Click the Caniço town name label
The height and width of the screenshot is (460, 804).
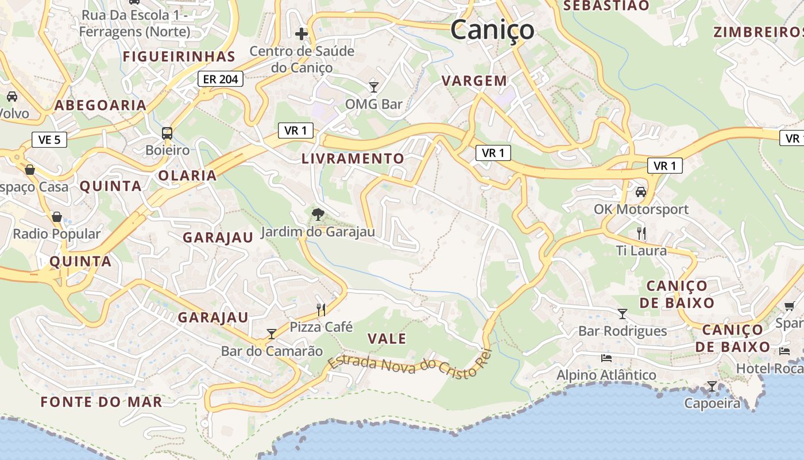coord(492,29)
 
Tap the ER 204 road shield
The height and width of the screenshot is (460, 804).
coord(221,79)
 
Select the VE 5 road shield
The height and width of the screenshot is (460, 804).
coord(49,139)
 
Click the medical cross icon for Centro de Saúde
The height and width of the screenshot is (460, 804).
coord(301,34)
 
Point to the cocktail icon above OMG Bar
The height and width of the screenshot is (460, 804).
coord(374,87)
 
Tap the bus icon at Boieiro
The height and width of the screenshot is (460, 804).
coord(167,133)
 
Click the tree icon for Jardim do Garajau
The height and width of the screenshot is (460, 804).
coord(317,214)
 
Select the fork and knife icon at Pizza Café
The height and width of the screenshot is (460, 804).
coord(321,310)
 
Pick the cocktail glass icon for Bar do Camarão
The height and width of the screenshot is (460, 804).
coord(272,333)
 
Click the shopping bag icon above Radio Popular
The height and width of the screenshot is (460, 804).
coord(57,217)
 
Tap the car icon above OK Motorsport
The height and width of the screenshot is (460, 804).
coord(641,192)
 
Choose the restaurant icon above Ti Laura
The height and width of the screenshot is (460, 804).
coord(641,233)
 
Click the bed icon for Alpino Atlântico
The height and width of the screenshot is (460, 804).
coord(606,358)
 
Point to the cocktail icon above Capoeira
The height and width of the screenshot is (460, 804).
coord(712,386)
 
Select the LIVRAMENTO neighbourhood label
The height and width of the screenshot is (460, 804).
coord(353,158)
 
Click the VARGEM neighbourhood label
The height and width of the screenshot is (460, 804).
coord(474,81)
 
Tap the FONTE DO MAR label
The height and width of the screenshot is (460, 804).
coord(101,401)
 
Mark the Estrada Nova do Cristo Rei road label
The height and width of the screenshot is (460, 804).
coord(410,365)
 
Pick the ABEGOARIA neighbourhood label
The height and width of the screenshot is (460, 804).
coord(100,105)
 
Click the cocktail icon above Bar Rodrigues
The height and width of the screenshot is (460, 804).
coord(623,314)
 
